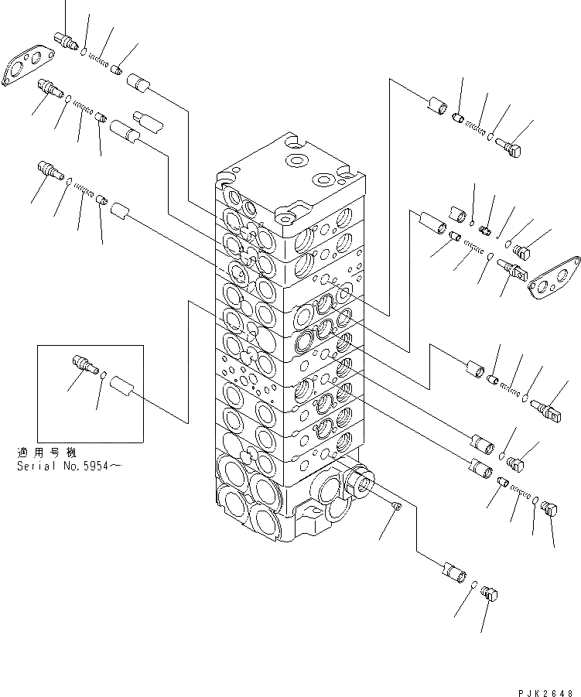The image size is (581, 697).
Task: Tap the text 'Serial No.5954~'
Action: pyautogui.click(x=67, y=466)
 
